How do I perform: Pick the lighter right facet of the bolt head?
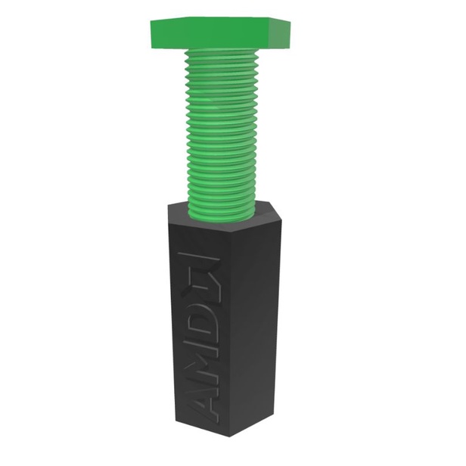(280, 34)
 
